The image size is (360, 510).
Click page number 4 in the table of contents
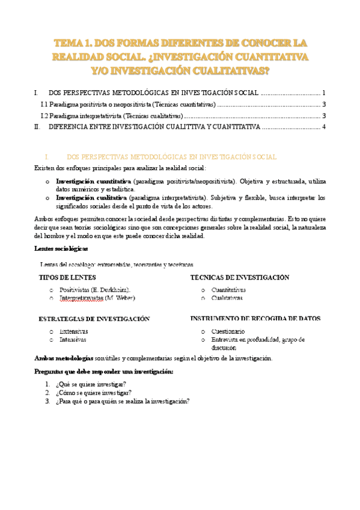(324, 127)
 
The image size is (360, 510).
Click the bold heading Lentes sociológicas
(61, 248)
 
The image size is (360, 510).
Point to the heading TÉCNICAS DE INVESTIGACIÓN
(239, 277)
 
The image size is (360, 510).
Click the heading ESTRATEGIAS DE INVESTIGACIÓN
(94, 319)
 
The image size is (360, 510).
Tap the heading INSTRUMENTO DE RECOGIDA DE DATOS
(255, 319)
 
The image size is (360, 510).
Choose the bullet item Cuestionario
(228, 331)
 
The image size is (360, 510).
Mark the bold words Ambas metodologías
(64, 358)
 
